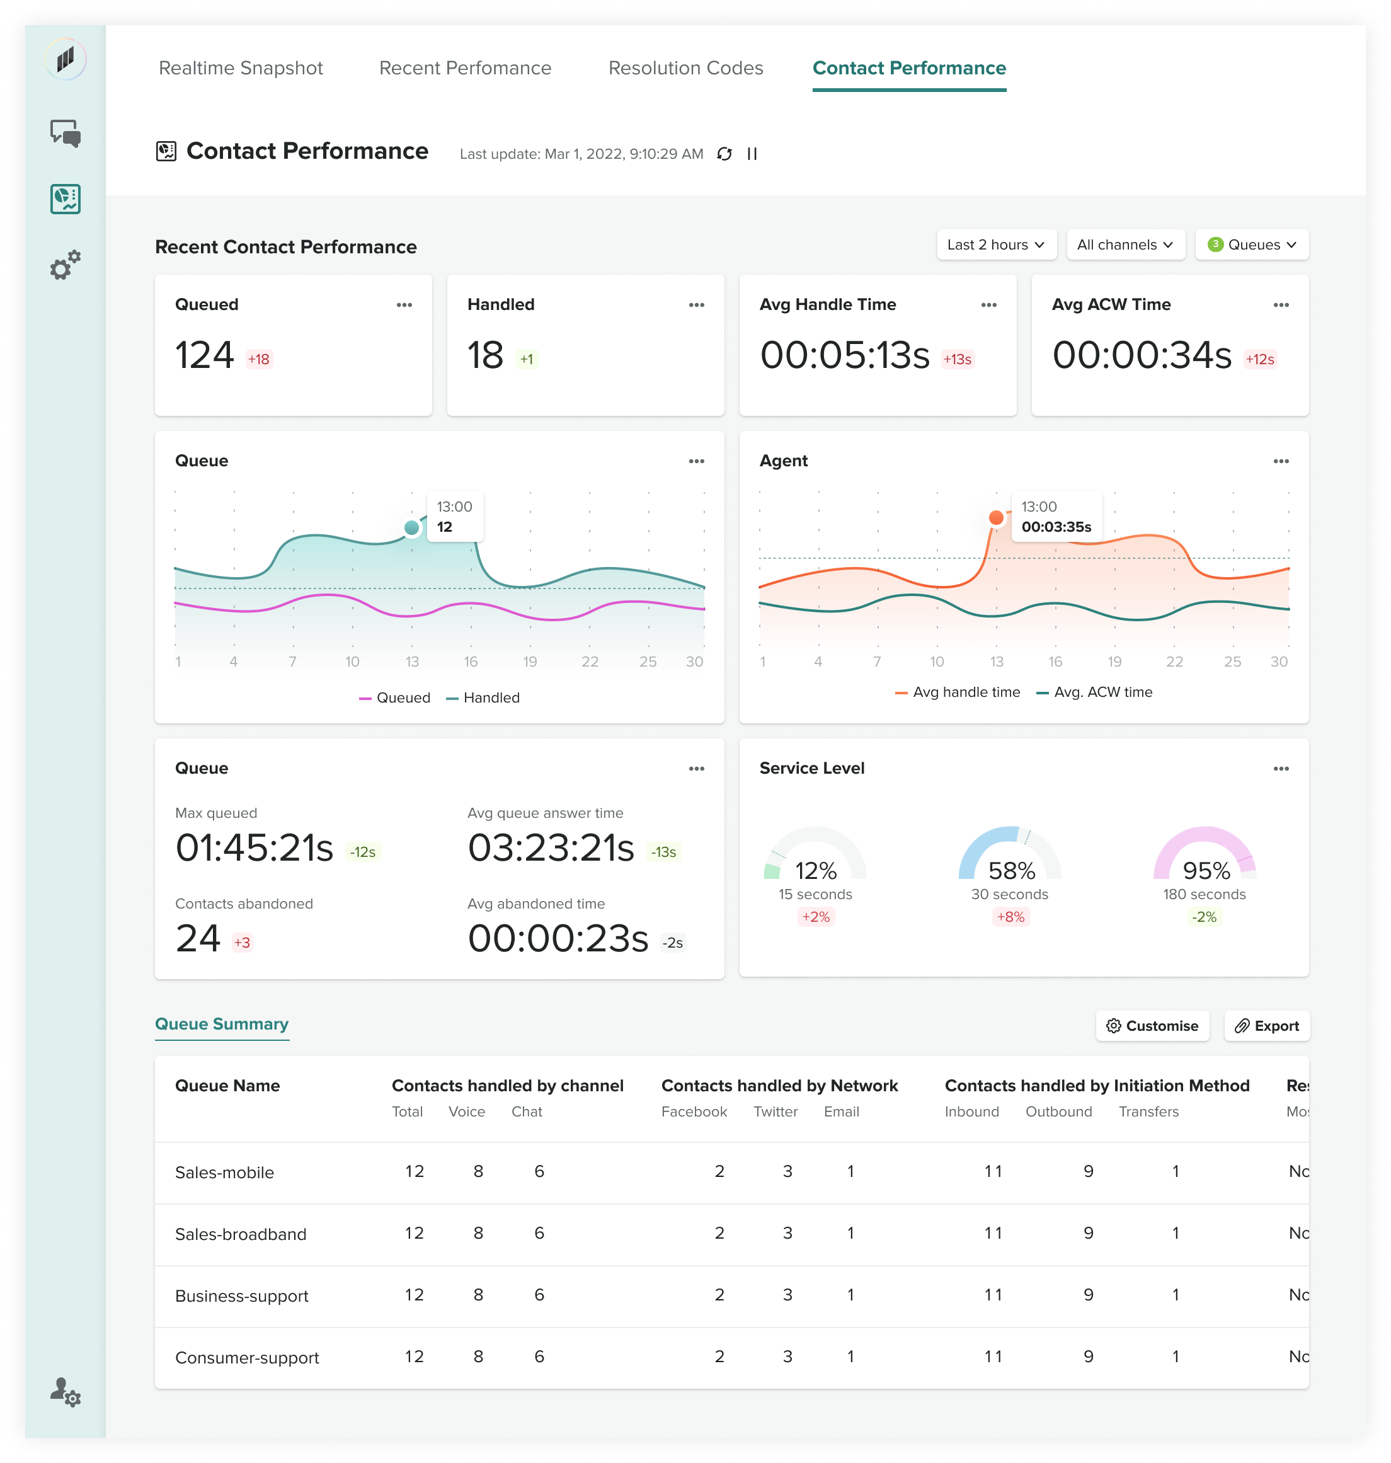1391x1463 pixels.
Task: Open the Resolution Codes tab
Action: click(x=685, y=68)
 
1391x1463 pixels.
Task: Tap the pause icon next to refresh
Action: click(x=752, y=154)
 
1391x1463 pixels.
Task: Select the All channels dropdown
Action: click(x=1124, y=244)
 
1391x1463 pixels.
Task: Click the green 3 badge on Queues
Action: click(x=1215, y=244)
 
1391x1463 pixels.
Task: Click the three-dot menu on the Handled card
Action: click(x=696, y=305)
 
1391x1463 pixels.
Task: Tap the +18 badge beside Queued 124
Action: click(x=259, y=360)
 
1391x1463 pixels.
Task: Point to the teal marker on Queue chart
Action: click(x=411, y=528)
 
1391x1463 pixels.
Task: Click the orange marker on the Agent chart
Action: click(x=997, y=517)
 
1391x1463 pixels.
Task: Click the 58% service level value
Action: click(x=1011, y=871)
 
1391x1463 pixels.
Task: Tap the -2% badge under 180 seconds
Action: click(x=1204, y=917)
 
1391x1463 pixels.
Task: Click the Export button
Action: click(x=1266, y=1026)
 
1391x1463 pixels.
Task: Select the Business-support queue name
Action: click(x=242, y=1296)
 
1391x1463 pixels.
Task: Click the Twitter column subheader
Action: click(x=776, y=1112)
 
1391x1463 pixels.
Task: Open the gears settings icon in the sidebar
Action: click(x=66, y=265)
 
